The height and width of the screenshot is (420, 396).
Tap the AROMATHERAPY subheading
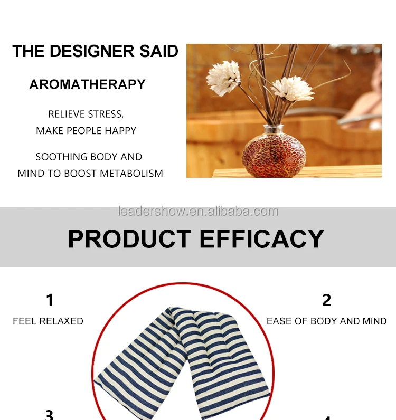coord(88,84)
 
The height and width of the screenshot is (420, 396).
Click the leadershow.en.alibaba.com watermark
coord(197,212)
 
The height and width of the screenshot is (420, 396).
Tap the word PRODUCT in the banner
coord(130,238)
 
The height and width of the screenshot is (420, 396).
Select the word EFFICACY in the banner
coord(262,238)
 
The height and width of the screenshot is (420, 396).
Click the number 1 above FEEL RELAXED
coord(50,300)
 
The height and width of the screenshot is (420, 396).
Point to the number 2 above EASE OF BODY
coord(326,300)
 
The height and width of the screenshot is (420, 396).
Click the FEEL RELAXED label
coord(48,321)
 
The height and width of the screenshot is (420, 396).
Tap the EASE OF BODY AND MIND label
coord(326,321)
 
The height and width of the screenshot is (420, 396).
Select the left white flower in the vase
coord(223,78)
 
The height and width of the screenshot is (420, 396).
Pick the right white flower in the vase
coord(293,88)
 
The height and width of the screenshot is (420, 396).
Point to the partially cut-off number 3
coord(49,415)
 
